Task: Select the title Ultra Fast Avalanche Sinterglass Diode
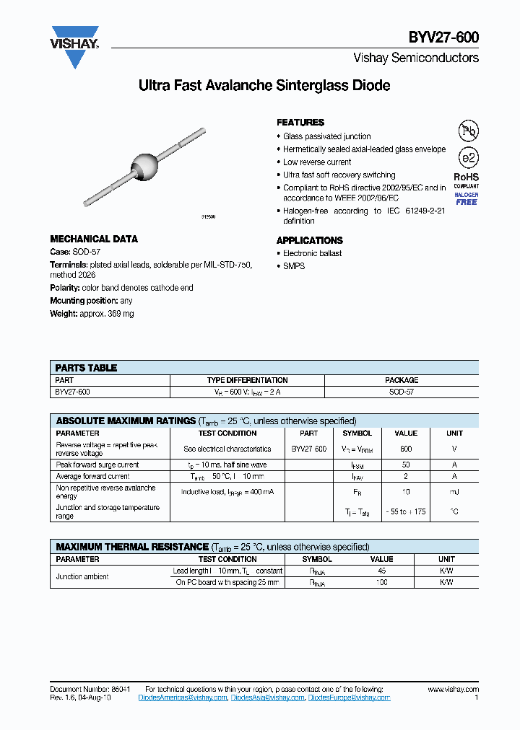click(x=264, y=86)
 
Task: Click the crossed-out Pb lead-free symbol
click(x=469, y=131)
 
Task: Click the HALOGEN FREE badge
click(x=466, y=198)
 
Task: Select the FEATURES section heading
click(x=300, y=123)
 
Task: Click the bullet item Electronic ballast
click(x=312, y=253)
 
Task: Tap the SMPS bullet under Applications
click(x=294, y=266)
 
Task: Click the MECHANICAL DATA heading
click(x=94, y=239)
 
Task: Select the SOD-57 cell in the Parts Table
click(x=401, y=392)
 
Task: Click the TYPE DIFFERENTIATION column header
click(x=247, y=380)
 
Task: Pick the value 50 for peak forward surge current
click(x=406, y=465)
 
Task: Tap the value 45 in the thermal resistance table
click(x=381, y=571)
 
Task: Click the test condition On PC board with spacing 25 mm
click(x=227, y=582)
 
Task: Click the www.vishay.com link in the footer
click(x=453, y=690)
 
